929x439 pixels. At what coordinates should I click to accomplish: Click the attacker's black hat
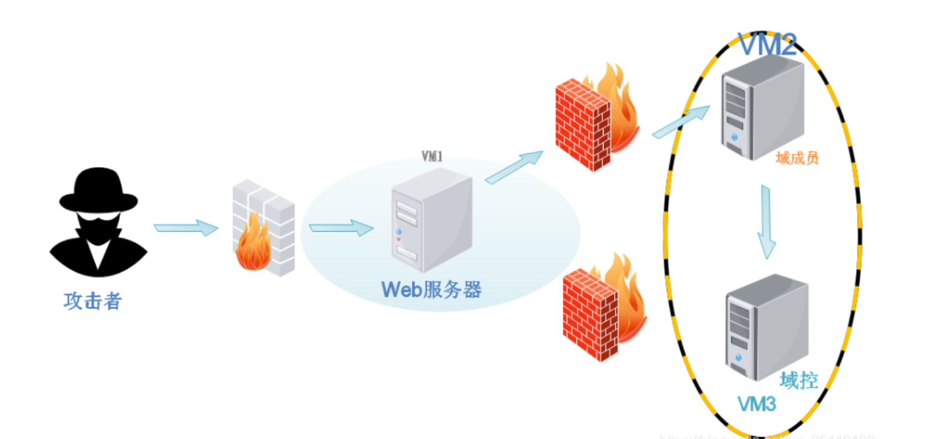(x=98, y=191)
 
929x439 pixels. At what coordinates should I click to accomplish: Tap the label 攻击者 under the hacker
(x=92, y=300)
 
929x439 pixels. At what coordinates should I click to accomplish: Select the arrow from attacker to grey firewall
(x=185, y=228)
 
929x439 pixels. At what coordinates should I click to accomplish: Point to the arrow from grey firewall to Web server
(x=341, y=228)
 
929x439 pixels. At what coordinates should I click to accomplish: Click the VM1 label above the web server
(x=432, y=157)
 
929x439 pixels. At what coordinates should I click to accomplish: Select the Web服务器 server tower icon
(x=430, y=219)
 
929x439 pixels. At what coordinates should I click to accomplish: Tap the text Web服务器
(x=431, y=290)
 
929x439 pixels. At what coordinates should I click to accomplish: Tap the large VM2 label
(x=767, y=45)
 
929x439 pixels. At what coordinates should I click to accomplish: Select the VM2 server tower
(x=762, y=109)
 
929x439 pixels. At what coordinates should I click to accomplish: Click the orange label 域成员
(x=797, y=159)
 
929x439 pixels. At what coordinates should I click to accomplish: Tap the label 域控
(x=799, y=381)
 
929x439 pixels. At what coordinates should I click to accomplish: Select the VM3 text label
(x=757, y=404)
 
